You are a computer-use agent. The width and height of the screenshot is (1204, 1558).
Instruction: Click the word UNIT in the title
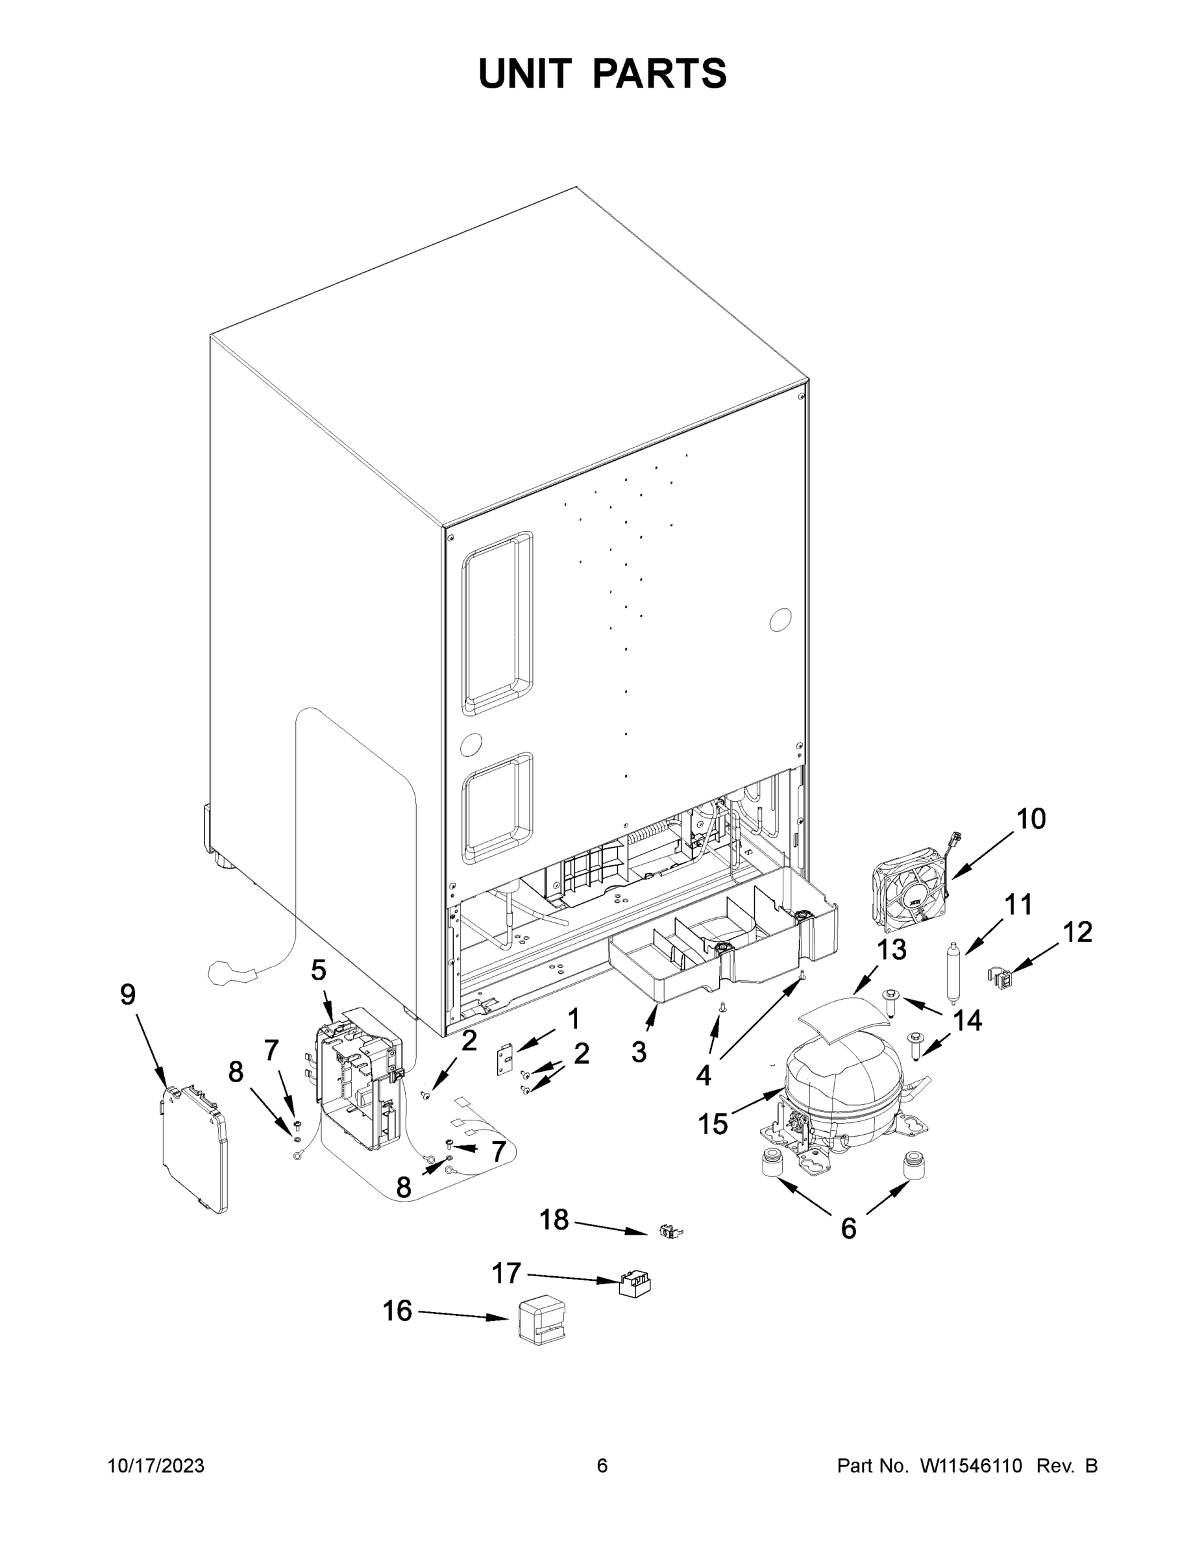(525, 73)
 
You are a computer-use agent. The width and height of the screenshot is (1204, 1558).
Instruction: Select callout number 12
(1077, 932)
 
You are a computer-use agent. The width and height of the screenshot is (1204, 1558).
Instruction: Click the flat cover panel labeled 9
(193, 1149)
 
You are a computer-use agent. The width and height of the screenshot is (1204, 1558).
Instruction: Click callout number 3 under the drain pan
(639, 1052)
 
